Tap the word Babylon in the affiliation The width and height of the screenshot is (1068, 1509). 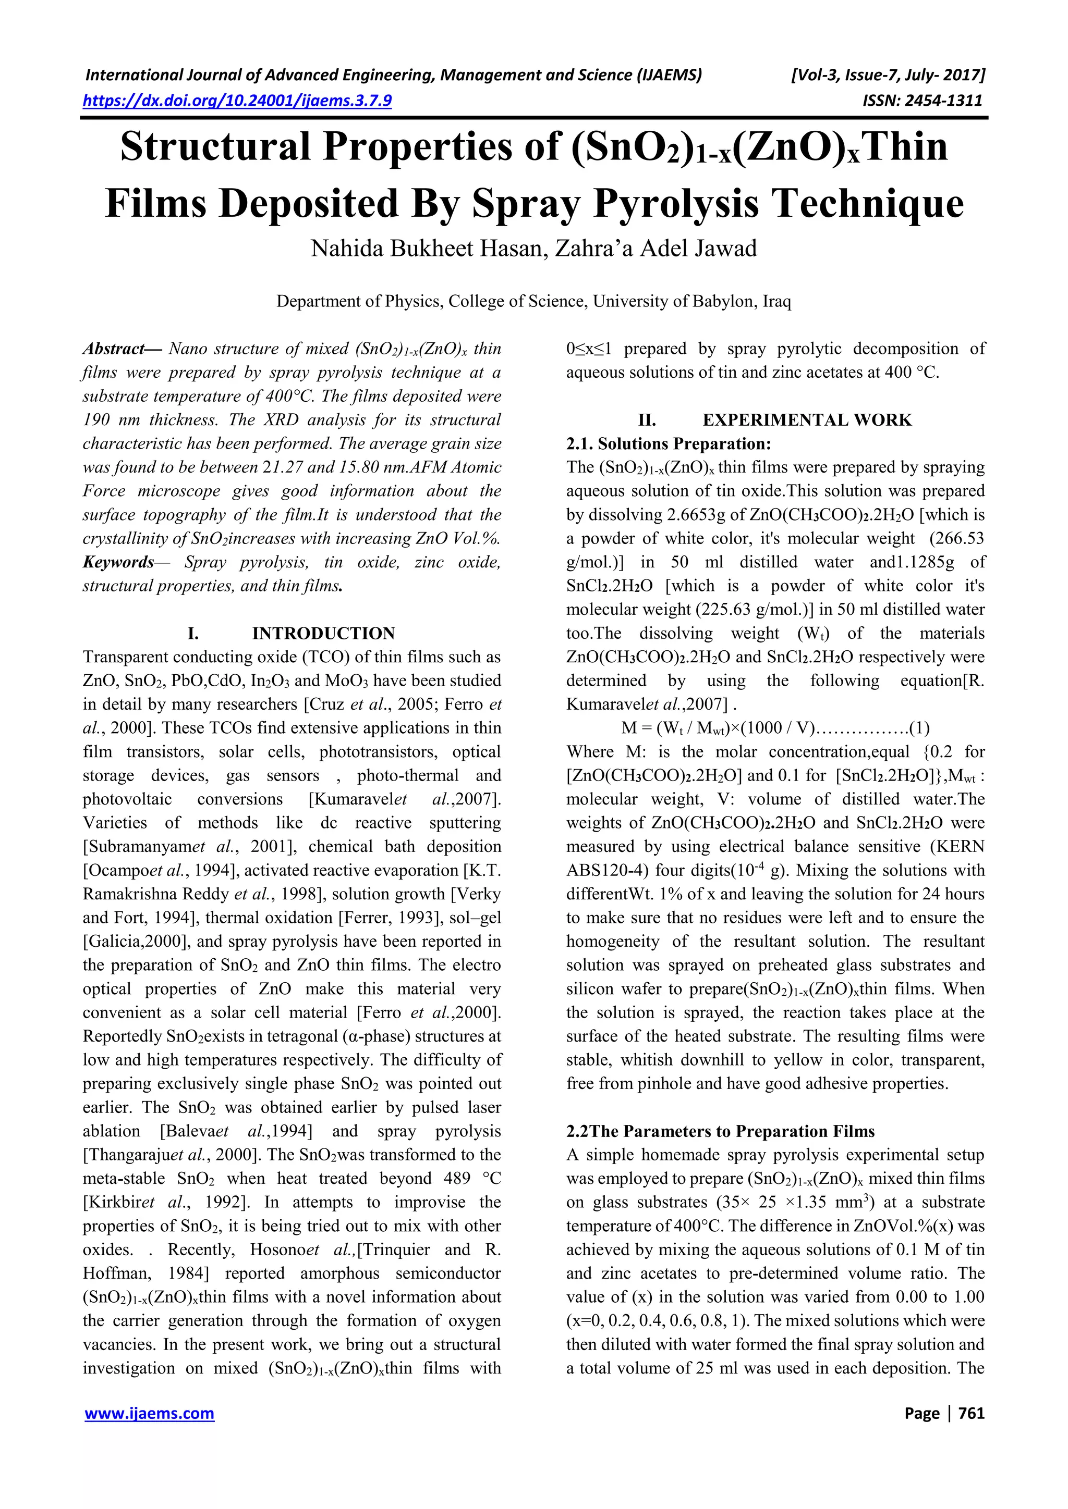coord(724,302)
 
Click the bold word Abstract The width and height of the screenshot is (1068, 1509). coord(114,349)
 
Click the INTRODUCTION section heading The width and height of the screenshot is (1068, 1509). coord(323,634)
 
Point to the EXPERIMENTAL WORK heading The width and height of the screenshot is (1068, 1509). coord(807,420)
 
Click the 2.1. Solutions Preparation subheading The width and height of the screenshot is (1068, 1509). coord(668,443)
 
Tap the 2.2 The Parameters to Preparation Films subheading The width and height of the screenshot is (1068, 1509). coord(720,1131)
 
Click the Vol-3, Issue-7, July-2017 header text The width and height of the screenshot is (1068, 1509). coord(887,75)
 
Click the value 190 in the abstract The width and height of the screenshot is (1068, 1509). coord(96,420)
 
